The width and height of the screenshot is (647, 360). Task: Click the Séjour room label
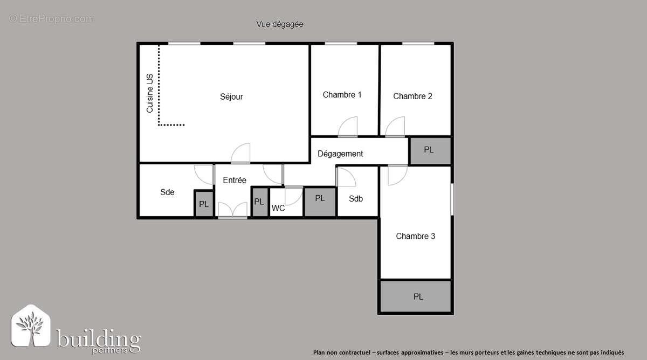pos(231,97)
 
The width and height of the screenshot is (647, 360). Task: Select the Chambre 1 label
pos(342,95)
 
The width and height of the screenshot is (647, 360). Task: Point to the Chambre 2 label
pos(412,96)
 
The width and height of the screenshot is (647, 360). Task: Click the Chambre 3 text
pos(415,236)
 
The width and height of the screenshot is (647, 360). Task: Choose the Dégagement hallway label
pos(340,154)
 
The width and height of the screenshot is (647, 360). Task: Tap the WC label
pos(278,209)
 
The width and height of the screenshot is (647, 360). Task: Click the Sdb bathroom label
pos(356,198)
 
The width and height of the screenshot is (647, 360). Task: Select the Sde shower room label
pos(167,192)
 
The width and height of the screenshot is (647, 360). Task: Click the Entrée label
pos(235,181)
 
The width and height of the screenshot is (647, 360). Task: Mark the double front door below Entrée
pos(233,210)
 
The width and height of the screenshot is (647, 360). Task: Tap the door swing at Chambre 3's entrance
pos(397,175)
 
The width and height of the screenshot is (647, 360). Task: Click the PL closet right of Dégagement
pos(429,150)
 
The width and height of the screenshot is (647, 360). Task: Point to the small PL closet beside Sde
pos(204,204)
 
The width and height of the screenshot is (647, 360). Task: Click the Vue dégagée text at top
pos(279,24)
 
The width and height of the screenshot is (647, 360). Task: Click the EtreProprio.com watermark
pos(52,19)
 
